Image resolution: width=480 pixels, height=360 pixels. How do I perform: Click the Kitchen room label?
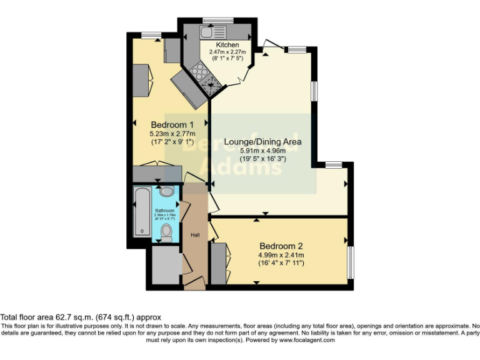tap(227, 46)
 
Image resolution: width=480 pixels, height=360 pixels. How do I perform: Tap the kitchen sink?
tap(212, 31)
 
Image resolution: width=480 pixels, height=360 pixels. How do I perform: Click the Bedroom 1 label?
tap(172, 124)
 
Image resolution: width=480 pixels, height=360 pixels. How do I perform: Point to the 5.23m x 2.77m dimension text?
tap(172, 133)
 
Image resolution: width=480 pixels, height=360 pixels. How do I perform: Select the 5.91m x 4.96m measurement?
tap(263, 151)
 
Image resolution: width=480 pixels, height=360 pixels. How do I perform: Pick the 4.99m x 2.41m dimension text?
tap(281, 254)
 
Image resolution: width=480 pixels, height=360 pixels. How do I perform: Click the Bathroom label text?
tap(166, 211)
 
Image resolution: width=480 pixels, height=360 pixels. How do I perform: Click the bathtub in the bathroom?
tap(142, 212)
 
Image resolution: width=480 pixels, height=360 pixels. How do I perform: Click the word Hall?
tap(195, 235)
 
